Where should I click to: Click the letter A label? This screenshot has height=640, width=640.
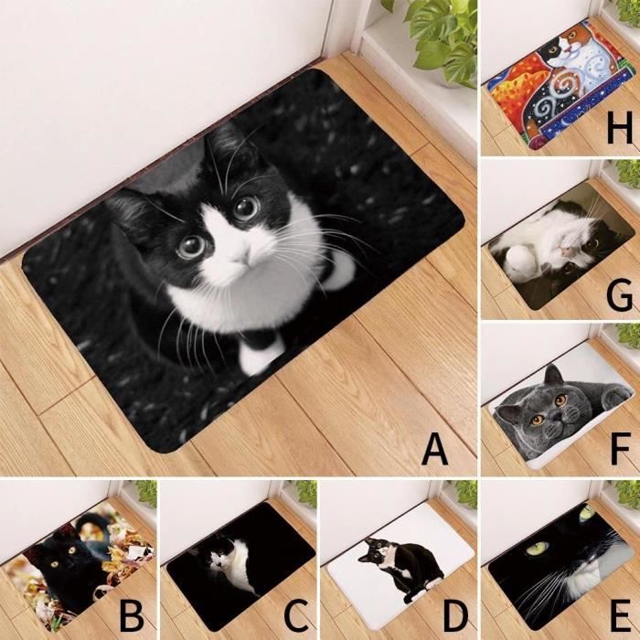[435, 450]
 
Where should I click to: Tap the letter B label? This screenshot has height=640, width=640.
[132, 614]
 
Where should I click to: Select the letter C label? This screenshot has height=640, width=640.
[297, 614]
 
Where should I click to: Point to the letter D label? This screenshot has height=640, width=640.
[455, 614]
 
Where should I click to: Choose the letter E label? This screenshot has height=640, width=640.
[622, 614]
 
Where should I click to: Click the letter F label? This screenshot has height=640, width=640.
[621, 450]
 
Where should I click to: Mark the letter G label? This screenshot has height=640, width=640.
[620, 295]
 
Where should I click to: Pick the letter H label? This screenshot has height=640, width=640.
[620, 129]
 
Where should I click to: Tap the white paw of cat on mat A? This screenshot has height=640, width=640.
[261, 355]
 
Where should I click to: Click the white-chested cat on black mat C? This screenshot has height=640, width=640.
[229, 561]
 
